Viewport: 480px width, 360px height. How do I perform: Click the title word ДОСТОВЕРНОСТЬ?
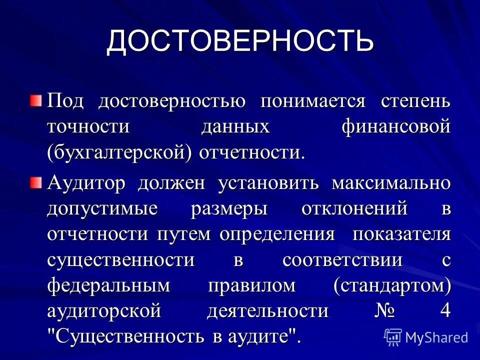pyautogui.click(x=240, y=42)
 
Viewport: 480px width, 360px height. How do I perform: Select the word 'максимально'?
pyautogui.click(x=391, y=183)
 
